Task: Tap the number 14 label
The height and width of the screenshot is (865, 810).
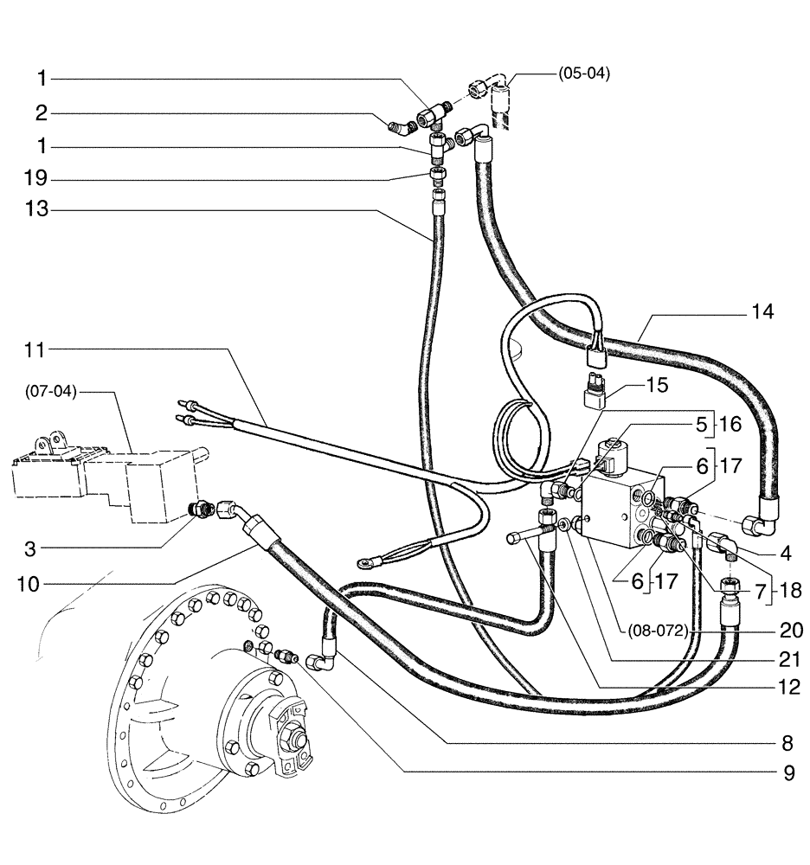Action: [763, 311]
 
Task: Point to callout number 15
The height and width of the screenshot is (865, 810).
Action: [657, 386]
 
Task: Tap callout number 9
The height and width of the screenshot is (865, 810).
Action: [787, 772]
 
